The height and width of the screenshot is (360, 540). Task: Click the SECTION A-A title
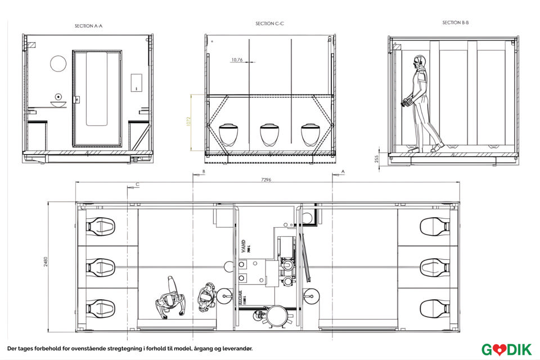coord(88,26)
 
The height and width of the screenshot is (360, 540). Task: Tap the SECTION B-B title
coord(456,22)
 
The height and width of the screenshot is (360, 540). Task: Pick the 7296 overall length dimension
coord(267,180)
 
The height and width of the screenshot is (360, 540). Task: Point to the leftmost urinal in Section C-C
coord(229,134)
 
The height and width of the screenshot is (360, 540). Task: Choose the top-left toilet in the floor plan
coord(100,227)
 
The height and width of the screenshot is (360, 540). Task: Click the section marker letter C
coord(138,184)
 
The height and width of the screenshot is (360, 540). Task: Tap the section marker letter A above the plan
coord(343,170)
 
